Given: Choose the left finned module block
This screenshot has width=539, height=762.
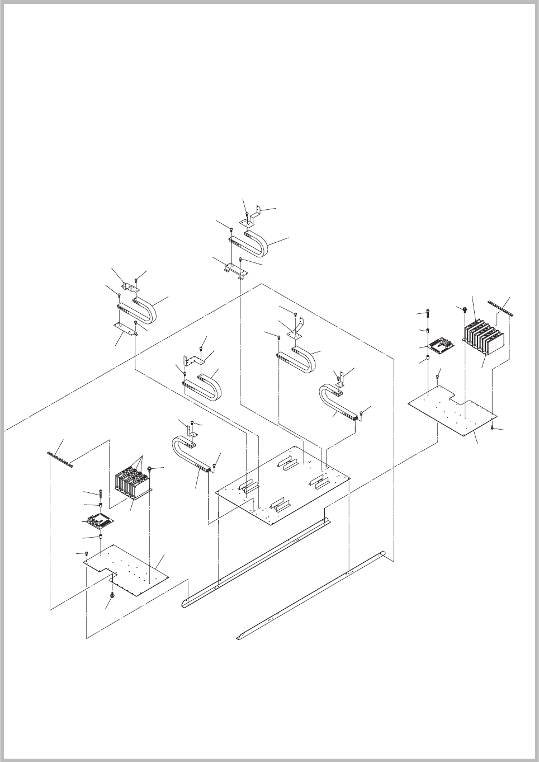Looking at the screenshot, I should (x=133, y=483).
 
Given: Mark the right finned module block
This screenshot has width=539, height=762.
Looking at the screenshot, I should (x=483, y=336).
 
